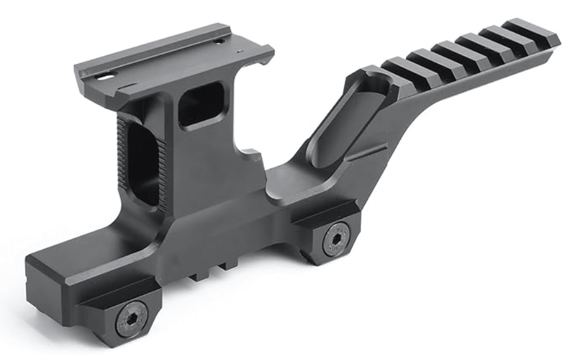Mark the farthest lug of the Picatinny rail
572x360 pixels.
tap(533, 31)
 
